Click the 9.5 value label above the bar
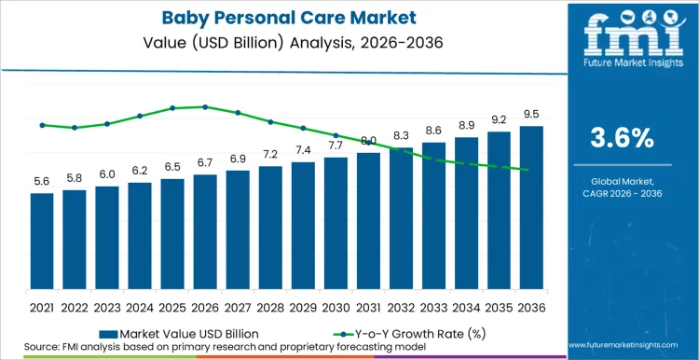pos(531,114)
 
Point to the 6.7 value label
pos(205,162)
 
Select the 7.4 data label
pos(303,150)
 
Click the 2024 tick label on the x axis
pos(140,306)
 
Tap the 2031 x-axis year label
pos(368,306)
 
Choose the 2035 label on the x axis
pos(499,306)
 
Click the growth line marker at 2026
pos(205,106)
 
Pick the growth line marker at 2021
pos(42,125)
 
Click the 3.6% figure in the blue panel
pos(623,138)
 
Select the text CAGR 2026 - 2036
pos(623,193)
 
